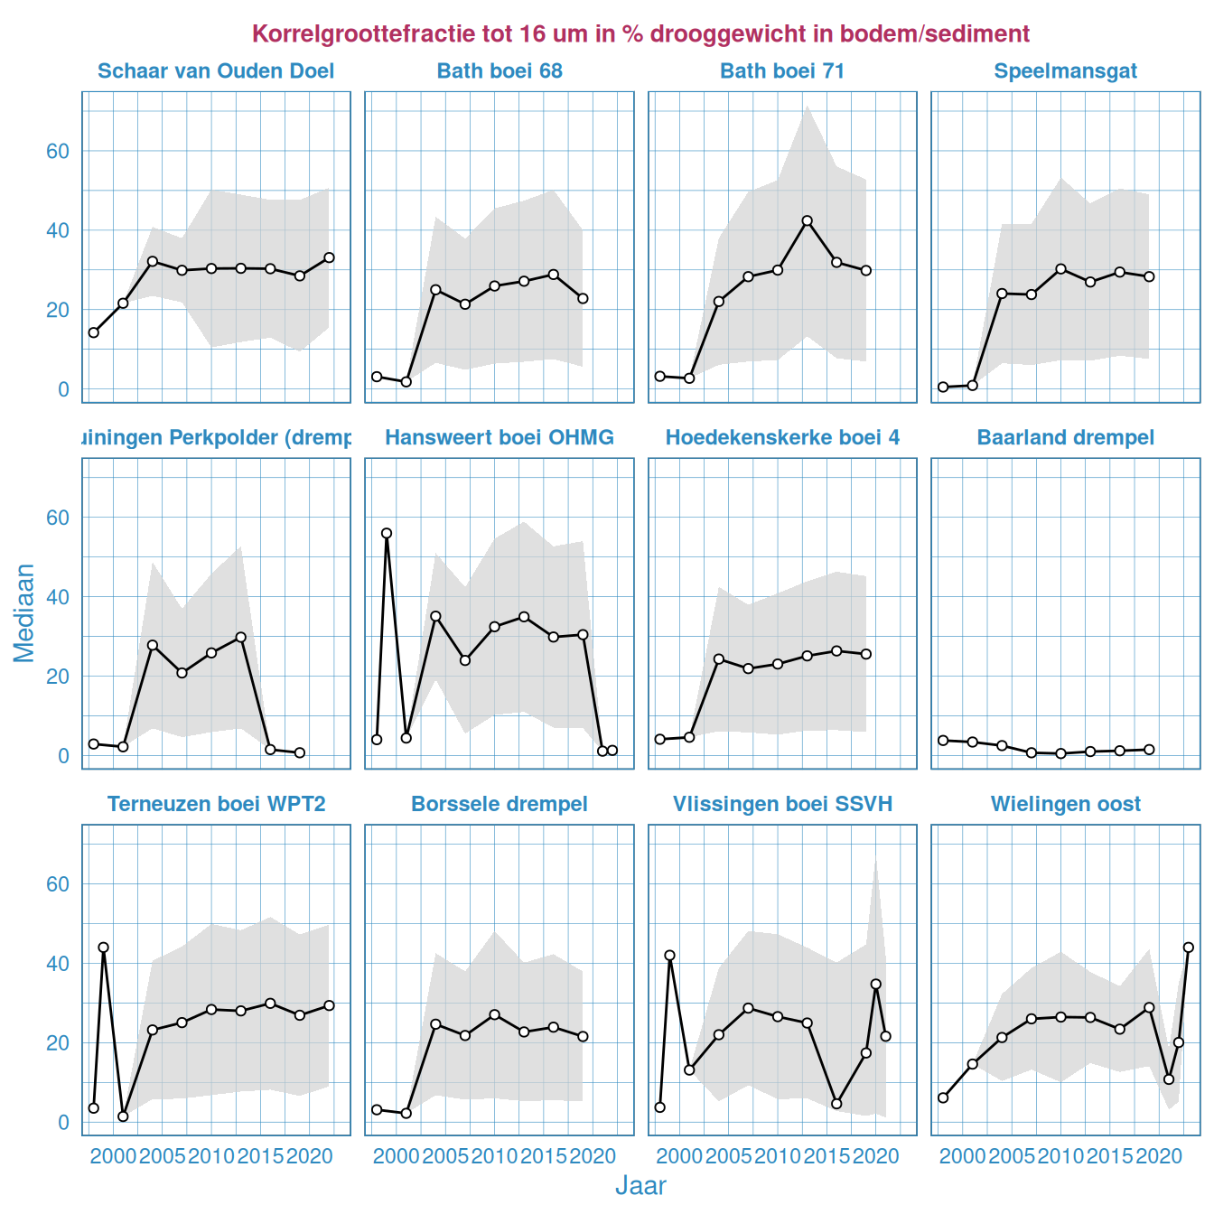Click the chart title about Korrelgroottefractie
point(640,34)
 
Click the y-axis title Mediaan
point(24,612)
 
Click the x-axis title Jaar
point(640,1186)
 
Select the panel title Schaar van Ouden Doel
point(216,71)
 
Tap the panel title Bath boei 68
point(500,71)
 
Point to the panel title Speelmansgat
point(1065,71)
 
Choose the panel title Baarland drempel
point(1065,438)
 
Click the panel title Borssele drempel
point(500,804)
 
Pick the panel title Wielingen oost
point(1065,804)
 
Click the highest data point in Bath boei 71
point(808,220)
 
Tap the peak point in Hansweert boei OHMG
point(387,533)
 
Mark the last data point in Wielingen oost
point(1189,948)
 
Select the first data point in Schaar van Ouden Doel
point(93,332)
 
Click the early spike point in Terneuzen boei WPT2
point(103,948)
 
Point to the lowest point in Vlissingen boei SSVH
point(836,1104)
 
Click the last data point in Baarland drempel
point(1149,750)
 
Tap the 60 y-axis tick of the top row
point(58,151)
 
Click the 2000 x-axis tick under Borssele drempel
point(397,1156)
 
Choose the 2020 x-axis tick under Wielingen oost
point(1159,1156)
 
